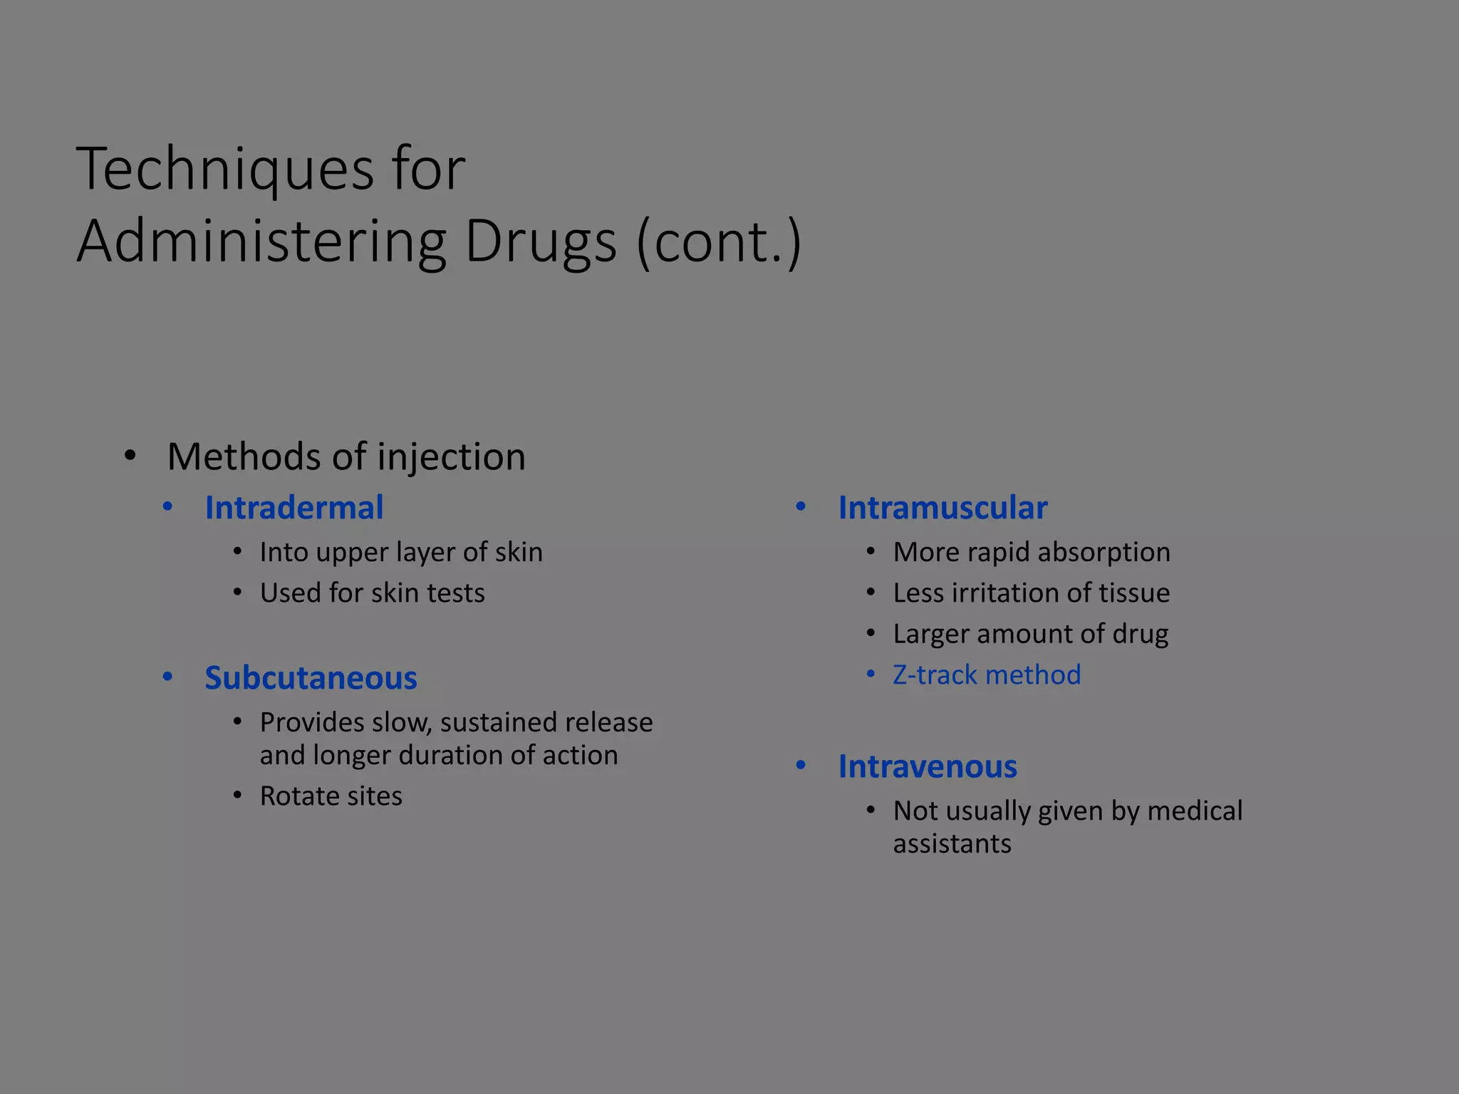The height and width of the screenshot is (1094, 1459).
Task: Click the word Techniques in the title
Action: click(225, 170)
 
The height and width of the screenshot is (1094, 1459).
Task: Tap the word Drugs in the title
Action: click(540, 242)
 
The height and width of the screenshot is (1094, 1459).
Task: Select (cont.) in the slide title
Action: click(720, 242)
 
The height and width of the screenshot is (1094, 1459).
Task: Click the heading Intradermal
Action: click(294, 508)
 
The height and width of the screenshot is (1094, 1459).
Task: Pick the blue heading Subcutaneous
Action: click(311, 678)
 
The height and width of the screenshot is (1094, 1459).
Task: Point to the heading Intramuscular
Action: click(942, 508)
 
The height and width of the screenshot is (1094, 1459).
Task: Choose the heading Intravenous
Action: click(927, 767)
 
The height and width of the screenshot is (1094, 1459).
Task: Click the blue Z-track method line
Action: click(986, 675)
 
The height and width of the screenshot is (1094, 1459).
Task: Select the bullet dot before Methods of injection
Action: click(130, 456)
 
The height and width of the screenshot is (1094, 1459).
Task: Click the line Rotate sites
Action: click(331, 796)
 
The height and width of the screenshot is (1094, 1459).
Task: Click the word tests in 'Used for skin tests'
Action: click(456, 593)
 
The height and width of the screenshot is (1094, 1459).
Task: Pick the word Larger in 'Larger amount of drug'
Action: click(930, 634)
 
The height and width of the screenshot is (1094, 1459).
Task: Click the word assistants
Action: click(952, 844)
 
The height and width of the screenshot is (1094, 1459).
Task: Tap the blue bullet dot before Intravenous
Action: click(801, 766)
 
